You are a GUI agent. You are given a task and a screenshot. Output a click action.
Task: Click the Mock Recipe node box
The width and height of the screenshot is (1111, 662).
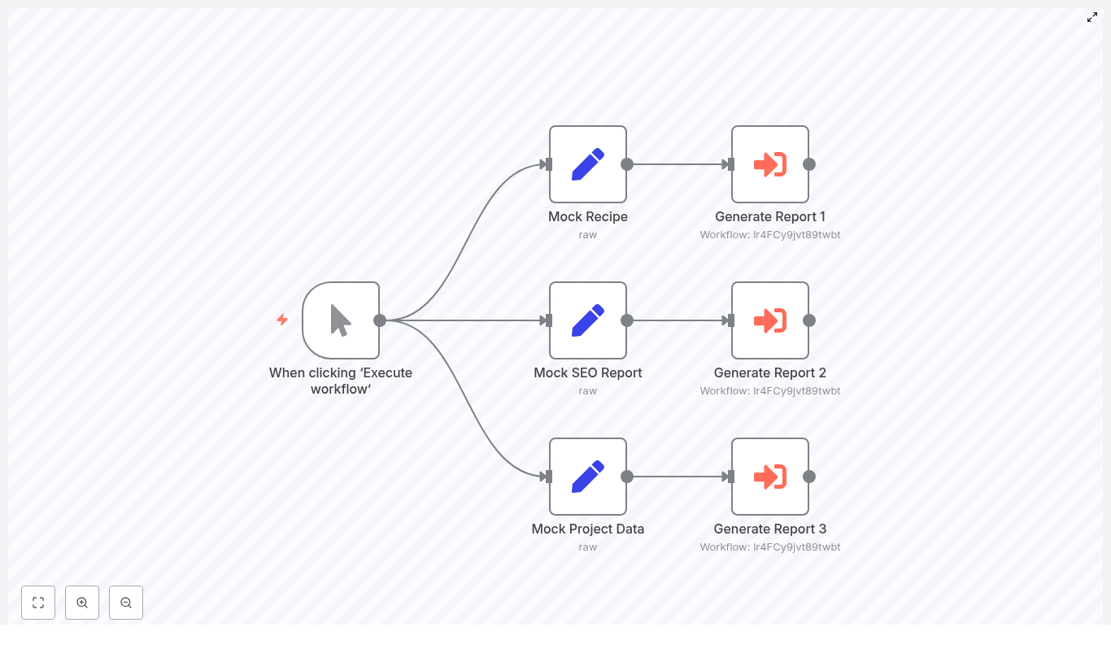point(587,164)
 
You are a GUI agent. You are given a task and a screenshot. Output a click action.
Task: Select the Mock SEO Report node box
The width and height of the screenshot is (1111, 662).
point(587,320)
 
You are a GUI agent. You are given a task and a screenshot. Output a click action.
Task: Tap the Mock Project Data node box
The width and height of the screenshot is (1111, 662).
point(587,477)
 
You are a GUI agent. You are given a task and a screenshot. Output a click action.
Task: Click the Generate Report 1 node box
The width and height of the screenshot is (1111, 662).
point(769,164)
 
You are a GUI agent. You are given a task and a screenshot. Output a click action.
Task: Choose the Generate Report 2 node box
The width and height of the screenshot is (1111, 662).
point(769,320)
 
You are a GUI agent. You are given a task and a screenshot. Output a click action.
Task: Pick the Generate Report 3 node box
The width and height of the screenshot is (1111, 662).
point(769,477)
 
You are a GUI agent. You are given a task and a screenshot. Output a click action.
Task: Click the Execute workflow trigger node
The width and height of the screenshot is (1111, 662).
point(341,320)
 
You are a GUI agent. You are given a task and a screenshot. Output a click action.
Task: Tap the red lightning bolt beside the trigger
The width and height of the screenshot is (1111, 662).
point(282,320)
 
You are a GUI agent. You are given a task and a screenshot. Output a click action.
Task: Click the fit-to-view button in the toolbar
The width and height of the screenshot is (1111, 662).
point(38,603)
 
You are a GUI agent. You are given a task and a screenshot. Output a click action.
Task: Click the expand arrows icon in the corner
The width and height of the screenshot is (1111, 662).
point(1092,17)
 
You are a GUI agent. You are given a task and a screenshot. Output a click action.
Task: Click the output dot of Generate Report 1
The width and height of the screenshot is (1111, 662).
point(809,164)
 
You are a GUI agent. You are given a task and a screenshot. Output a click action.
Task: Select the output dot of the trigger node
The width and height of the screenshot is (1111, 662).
point(380,320)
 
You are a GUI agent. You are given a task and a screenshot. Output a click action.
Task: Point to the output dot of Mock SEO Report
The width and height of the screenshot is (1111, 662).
point(627,320)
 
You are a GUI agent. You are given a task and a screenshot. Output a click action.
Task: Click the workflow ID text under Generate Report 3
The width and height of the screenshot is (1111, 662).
point(769,547)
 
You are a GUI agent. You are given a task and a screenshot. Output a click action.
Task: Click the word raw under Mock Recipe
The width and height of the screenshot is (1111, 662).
point(587,235)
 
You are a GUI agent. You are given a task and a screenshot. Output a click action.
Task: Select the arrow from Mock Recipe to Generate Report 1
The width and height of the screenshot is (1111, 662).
point(677,164)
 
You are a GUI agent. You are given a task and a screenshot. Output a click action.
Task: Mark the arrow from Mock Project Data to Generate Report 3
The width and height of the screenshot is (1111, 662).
point(677,477)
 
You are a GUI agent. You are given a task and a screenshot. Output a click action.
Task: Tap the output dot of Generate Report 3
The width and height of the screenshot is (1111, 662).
point(809,477)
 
